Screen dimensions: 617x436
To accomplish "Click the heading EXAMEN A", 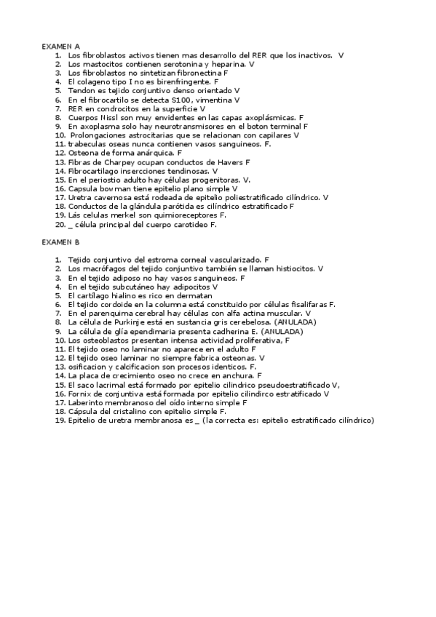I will click(x=60, y=46).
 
